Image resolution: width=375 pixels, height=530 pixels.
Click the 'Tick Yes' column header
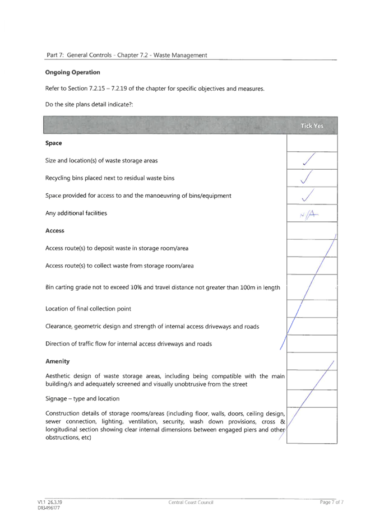coord(312,125)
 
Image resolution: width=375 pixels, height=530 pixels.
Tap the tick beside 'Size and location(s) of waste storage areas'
coord(309,159)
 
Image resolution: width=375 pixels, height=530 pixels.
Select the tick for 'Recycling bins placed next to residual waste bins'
coord(307,177)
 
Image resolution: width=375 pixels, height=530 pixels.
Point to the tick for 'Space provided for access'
coord(308,195)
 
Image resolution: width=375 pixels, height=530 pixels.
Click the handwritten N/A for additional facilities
coord(309,215)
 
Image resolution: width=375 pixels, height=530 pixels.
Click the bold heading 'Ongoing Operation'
coord(73,72)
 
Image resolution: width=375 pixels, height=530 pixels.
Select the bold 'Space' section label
coord(53,143)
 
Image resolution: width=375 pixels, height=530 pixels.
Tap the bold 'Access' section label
coord(55,231)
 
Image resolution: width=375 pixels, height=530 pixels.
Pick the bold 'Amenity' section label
coord(58,361)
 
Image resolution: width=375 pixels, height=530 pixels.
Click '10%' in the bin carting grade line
coord(136,287)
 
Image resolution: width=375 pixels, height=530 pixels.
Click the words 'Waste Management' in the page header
coord(180,55)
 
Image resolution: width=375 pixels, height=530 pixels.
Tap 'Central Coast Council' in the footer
coord(191,503)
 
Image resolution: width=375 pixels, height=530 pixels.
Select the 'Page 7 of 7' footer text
coord(332,503)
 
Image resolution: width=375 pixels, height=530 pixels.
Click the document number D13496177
coord(49,508)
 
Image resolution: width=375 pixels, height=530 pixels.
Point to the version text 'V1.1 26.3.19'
coord(50,503)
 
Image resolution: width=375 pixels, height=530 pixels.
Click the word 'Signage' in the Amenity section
coord(56,399)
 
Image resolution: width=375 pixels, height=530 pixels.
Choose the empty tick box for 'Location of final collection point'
coord(312,309)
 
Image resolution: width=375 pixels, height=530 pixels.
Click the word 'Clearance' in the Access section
coord(58,327)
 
